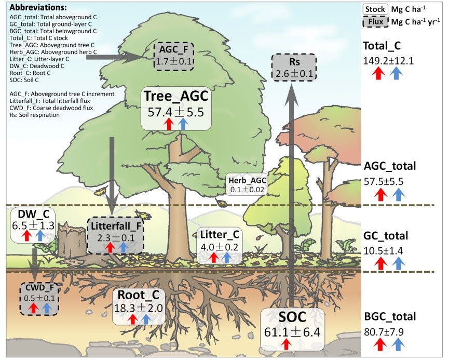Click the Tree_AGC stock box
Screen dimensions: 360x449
click(176, 108)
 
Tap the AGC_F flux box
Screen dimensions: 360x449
click(175, 56)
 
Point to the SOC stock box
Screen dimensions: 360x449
click(292, 328)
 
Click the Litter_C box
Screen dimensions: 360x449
click(219, 245)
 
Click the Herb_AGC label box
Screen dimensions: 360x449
click(247, 184)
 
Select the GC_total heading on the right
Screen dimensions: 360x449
click(386, 236)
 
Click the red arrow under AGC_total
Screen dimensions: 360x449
click(380, 194)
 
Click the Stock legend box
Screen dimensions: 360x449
click(375, 9)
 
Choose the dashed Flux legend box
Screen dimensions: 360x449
click(375, 22)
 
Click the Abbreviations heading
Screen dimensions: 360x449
click(38, 8)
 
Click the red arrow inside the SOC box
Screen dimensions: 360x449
click(285, 342)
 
